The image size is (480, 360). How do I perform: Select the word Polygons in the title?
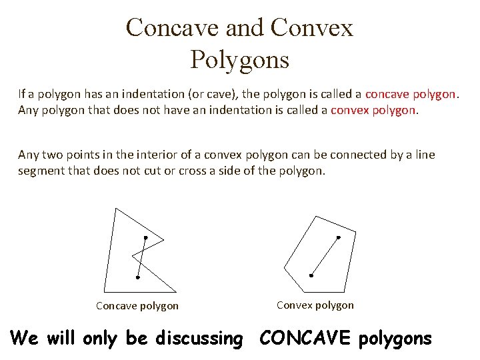239,60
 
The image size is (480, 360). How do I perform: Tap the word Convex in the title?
312,28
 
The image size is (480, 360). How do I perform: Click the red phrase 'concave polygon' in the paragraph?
411,94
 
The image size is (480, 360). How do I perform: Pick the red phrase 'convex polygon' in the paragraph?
373,110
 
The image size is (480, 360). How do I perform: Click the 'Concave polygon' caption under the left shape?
137,306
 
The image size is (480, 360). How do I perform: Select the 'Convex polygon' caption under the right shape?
315,305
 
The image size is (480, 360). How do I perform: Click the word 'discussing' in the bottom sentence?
199,339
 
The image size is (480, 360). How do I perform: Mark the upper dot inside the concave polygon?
145,237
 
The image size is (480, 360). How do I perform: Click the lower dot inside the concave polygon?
137,277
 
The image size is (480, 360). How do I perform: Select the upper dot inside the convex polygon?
338,237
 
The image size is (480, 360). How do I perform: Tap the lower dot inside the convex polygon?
311,275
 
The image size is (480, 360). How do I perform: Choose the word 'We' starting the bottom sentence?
25,339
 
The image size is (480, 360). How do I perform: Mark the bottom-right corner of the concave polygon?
176,291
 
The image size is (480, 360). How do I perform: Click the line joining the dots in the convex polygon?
325,256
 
